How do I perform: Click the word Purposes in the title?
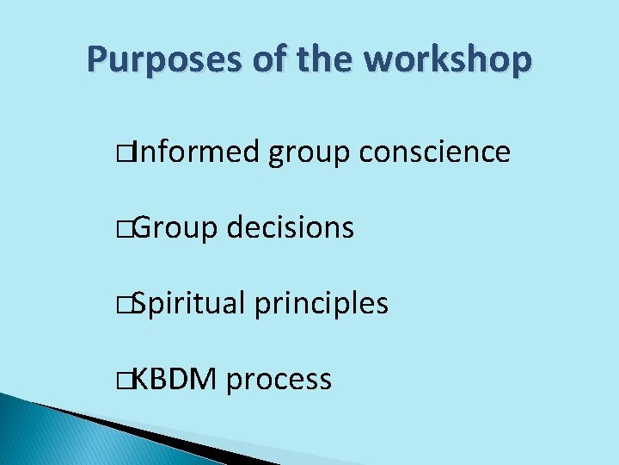[x=156, y=60]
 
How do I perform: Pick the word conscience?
[x=435, y=152]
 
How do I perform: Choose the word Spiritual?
[x=189, y=305]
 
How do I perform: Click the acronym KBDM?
[x=175, y=379]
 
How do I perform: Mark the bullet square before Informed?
[x=128, y=153]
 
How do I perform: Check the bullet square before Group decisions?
[x=128, y=229]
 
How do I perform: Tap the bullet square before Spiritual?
[x=128, y=305]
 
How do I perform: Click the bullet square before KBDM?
[x=128, y=380]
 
